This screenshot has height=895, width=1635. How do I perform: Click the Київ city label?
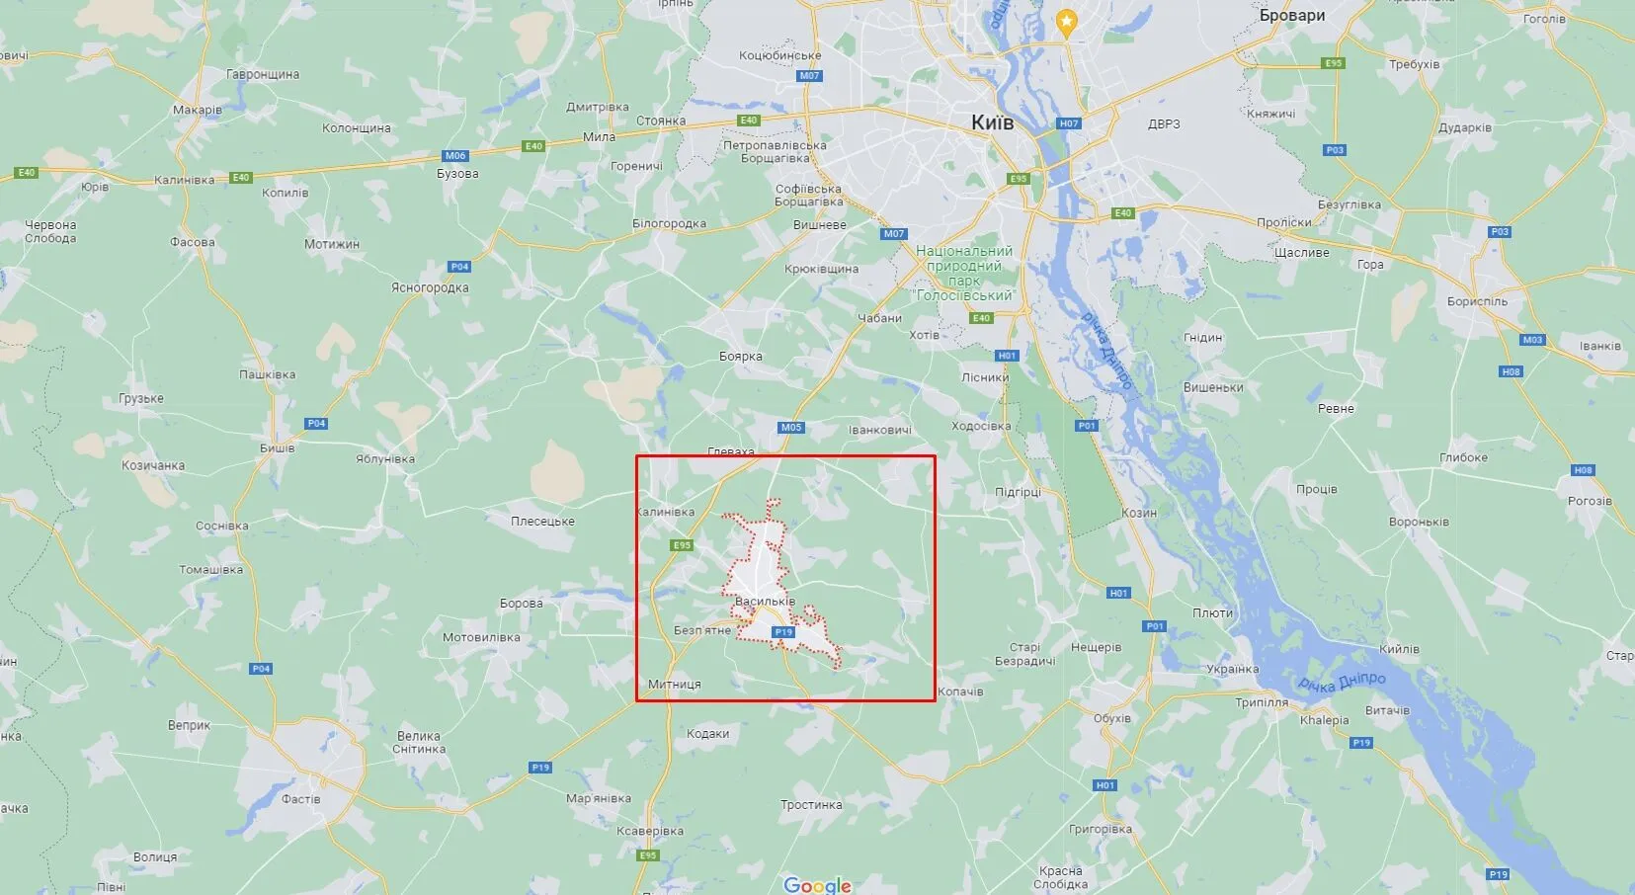(992, 122)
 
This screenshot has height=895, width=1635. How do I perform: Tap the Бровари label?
(1292, 16)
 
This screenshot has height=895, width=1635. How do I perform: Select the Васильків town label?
(765, 601)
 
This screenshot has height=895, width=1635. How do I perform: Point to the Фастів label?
(300, 799)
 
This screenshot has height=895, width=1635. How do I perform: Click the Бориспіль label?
(1477, 301)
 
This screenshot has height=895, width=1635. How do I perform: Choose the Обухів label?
(1112, 718)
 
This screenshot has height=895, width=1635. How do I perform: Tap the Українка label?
(1233, 669)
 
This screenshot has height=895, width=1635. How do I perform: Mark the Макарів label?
(198, 110)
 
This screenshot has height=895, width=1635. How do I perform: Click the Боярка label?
(741, 357)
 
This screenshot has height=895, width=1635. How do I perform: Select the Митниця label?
(675, 684)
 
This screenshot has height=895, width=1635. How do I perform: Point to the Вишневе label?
(820, 224)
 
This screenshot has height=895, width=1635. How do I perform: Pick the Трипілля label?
(1262, 702)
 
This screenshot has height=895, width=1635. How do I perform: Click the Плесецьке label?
(542, 521)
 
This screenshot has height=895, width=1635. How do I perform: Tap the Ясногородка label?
(430, 287)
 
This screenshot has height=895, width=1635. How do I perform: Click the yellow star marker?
(1066, 20)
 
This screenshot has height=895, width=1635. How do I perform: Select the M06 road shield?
(455, 156)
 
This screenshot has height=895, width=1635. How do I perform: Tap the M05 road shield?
(791, 428)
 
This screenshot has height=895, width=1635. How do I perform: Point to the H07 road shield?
(1069, 123)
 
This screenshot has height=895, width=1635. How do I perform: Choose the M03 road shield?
(1532, 340)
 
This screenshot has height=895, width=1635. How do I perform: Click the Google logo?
(817, 884)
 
